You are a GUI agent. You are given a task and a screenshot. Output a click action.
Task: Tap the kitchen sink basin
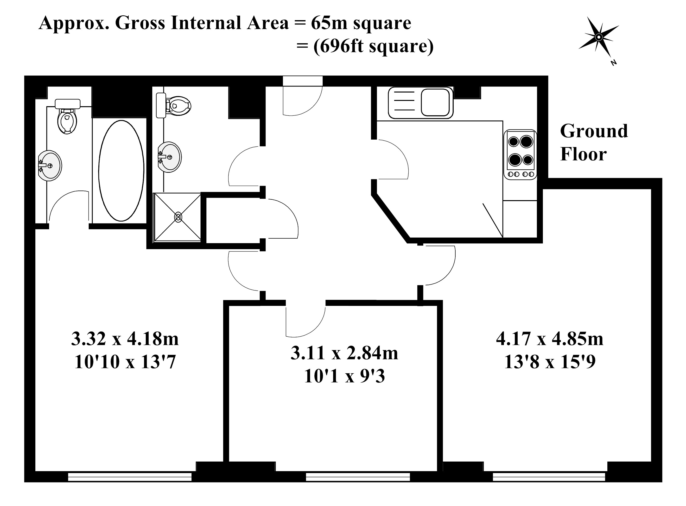pos(435,102)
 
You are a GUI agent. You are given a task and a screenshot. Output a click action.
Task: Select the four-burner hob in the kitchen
pos(521,154)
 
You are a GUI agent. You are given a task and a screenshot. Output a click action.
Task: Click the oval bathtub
pos(121,171)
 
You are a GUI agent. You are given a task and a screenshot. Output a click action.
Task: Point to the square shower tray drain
pos(178,217)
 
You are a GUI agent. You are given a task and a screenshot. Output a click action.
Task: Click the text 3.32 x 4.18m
pos(125,339)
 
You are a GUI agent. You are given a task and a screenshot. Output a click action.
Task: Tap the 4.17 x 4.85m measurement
pos(550,339)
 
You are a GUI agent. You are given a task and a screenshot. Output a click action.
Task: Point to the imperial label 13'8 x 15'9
pos(550,362)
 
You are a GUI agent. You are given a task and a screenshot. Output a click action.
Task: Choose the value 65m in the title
pos(329,23)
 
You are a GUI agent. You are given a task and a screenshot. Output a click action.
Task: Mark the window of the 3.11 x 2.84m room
pos(358,477)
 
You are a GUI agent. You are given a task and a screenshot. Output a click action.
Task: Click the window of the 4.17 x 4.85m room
pos(549,477)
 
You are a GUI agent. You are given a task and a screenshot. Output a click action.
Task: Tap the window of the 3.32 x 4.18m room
pos(130,477)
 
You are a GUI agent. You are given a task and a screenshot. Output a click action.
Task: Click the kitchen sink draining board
pos(404,102)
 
